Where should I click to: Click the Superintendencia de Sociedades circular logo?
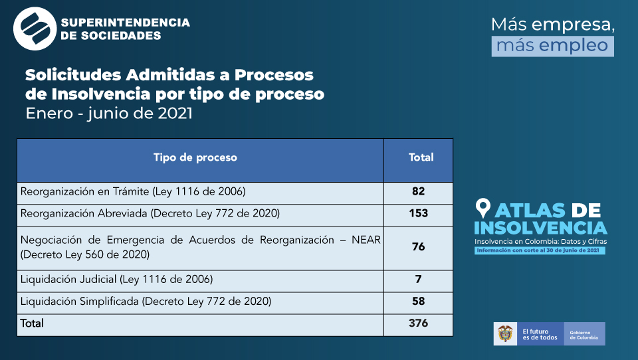pyautogui.click(x=35, y=29)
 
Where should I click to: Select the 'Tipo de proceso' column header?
pyautogui.click(x=195, y=157)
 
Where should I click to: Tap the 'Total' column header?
pyautogui.click(x=421, y=157)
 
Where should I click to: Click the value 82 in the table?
pyautogui.click(x=418, y=192)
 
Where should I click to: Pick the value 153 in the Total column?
pyautogui.click(x=419, y=214)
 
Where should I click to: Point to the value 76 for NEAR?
pyautogui.click(x=418, y=247)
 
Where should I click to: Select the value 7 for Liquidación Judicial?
pyautogui.click(x=418, y=280)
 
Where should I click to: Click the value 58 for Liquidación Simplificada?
pyautogui.click(x=418, y=302)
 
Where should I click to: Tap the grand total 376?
pyautogui.click(x=419, y=323)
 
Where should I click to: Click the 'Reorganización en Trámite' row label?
pyautogui.click(x=133, y=192)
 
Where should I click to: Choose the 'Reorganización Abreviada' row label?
pyautogui.click(x=150, y=214)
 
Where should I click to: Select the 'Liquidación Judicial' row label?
pyautogui.click(x=117, y=280)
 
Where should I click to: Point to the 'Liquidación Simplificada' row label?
pyautogui.click(x=146, y=302)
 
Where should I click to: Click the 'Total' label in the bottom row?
pyautogui.click(x=32, y=323)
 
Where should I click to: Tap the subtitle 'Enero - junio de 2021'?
pyautogui.click(x=109, y=113)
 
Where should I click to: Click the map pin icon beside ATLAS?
pyautogui.click(x=483, y=209)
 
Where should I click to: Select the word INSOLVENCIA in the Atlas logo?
pyautogui.click(x=540, y=228)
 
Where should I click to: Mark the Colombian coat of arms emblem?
pyautogui.click(x=505, y=334)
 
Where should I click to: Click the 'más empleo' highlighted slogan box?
pyautogui.click(x=553, y=45)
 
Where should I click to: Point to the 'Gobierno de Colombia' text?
pyautogui.click(x=584, y=334)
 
